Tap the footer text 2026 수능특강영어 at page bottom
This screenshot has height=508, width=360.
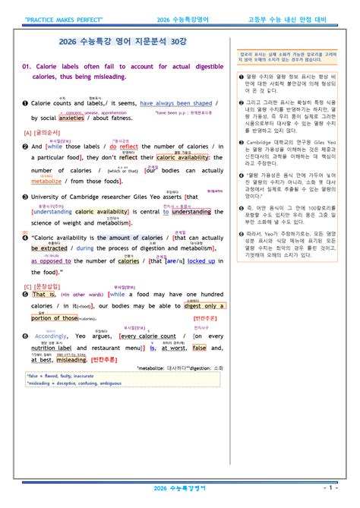179,486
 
